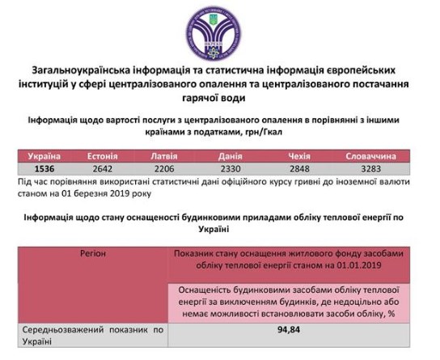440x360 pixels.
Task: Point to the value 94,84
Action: coord(295,330)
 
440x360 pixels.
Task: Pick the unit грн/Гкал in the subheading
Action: coord(292,131)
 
